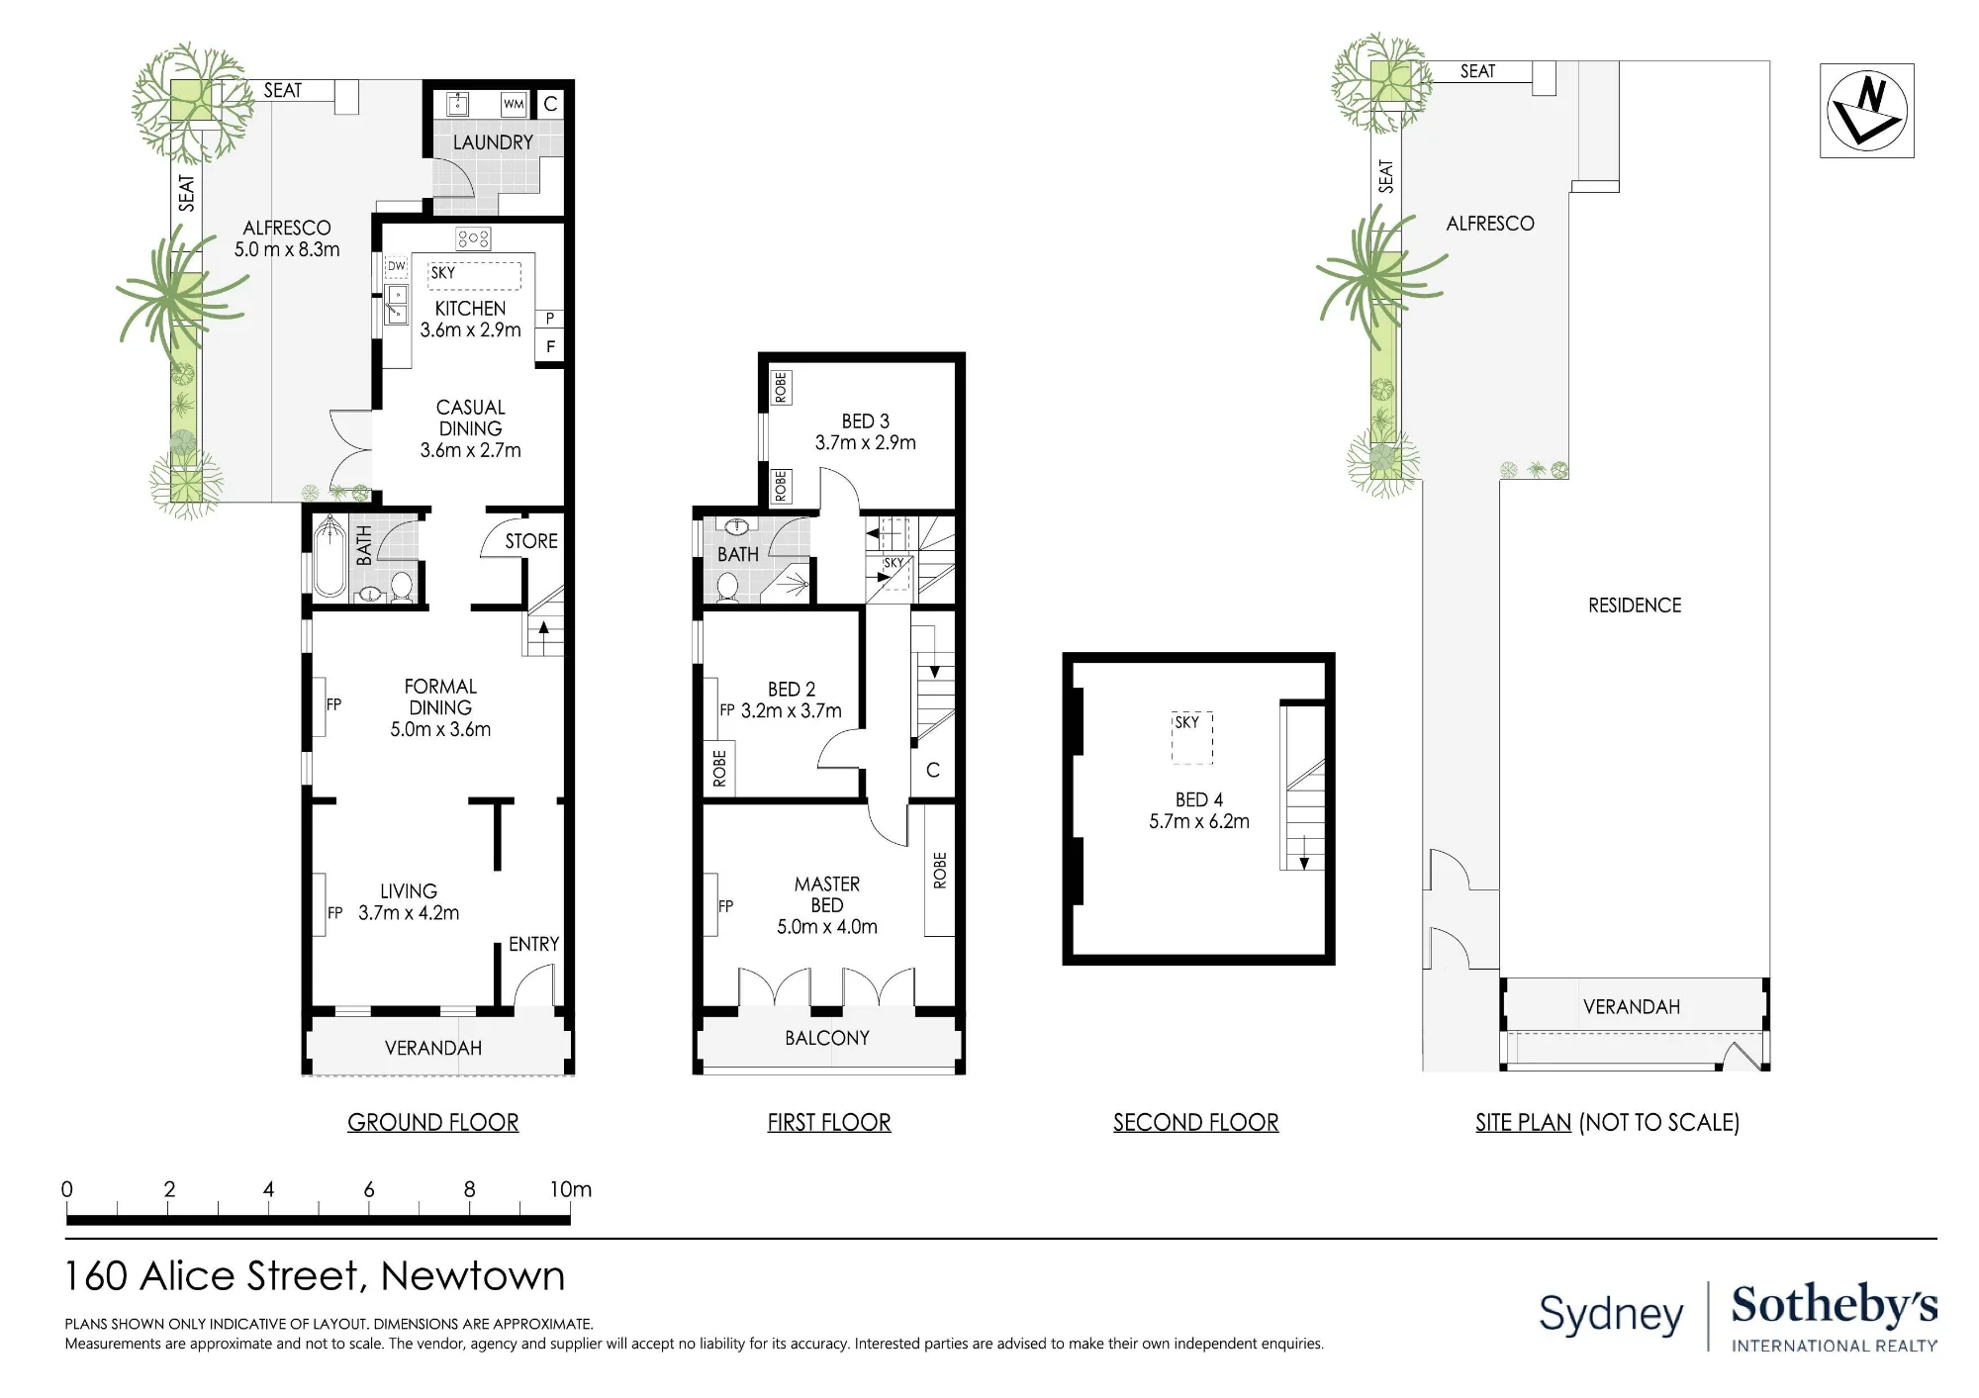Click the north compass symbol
coord(1866,111)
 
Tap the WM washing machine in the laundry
coord(514,104)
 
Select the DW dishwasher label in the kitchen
coord(397,266)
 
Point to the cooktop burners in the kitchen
coord(473,238)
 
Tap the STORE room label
coord(531,541)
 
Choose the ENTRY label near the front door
coord(534,944)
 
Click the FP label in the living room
coord(335,913)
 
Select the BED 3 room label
coord(866,421)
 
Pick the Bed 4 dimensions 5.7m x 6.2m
coord(1199,821)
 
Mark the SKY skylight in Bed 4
coord(1192,737)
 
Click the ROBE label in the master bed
coord(940,871)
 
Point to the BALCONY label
coord(827,1038)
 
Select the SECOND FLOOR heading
coord(1196,1122)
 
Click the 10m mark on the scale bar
coord(571,1189)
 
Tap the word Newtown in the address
coord(473,1276)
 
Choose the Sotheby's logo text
coord(1835,1306)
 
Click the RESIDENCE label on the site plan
coord(1635,606)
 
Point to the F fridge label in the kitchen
coord(551,347)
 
